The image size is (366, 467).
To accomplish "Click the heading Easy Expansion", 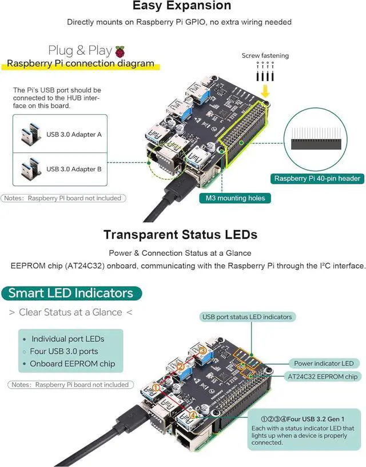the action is [x=182, y=6].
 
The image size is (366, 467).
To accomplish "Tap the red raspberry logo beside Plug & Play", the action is [x=120, y=51].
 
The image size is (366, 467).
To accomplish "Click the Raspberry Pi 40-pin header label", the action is [x=317, y=179].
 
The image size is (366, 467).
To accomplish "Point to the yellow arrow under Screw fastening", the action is [x=265, y=91].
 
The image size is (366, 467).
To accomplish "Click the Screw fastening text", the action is [x=265, y=56].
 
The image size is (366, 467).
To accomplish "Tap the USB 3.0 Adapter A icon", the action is [x=28, y=135].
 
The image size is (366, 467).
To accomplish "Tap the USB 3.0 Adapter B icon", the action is [x=28, y=169].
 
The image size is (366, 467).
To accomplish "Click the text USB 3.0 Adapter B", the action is [x=74, y=169].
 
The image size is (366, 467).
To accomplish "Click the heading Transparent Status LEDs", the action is [x=180, y=235].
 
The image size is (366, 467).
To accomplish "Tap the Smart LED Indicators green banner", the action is [x=70, y=293].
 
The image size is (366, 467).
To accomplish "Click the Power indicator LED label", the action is [x=324, y=363].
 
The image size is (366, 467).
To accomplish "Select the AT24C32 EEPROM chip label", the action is [x=323, y=376].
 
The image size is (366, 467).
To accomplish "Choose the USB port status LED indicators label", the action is [x=246, y=317].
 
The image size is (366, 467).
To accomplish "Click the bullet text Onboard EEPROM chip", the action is [x=73, y=364].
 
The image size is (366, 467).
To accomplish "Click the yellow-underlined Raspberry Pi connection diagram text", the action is [x=80, y=63].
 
